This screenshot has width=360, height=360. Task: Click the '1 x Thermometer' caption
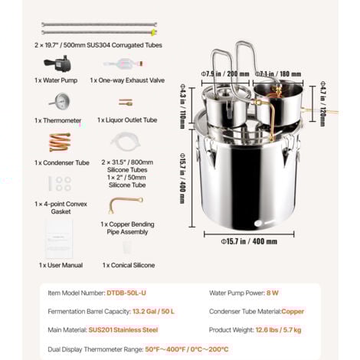pos(58,120)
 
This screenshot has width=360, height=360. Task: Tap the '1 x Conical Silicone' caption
pos(128,265)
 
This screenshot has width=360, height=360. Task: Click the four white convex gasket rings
pos(58,184)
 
